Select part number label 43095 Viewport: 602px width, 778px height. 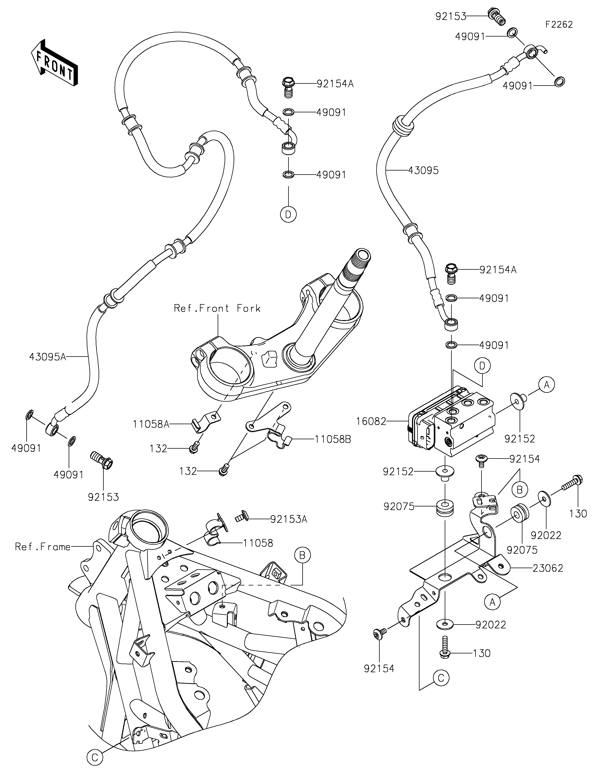(x=423, y=171)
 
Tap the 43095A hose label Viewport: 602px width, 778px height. (x=48, y=357)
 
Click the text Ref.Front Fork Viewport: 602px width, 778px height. (x=217, y=308)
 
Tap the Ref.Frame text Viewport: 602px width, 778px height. (x=43, y=547)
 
